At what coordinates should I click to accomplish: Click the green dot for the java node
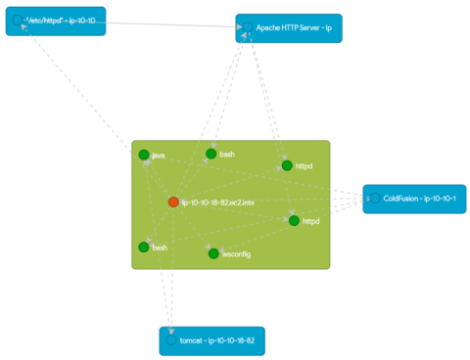point(144,155)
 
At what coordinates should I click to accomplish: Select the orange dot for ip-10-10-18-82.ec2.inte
point(173,202)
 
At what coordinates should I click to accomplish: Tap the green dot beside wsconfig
point(212,253)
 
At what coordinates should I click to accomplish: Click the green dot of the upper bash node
point(211,154)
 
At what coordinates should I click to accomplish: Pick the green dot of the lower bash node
point(144,247)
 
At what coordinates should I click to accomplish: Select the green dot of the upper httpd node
point(287,165)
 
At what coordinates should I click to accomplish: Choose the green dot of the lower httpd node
point(294,220)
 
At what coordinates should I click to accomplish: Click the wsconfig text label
point(237,254)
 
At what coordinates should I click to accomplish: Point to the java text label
point(158,156)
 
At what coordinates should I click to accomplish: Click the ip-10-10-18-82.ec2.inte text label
point(217,202)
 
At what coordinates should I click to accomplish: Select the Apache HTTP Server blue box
point(289,28)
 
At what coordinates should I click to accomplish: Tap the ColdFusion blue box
point(414,199)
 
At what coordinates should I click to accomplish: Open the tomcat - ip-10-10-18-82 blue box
point(212,340)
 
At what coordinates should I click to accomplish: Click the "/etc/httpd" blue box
point(56,21)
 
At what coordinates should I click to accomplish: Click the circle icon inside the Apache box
point(249,28)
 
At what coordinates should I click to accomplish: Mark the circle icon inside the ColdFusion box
point(373,199)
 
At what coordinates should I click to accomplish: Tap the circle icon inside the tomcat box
point(171,340)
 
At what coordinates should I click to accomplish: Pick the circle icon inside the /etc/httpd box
point(17,20)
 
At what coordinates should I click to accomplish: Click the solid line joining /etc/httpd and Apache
point(170,23)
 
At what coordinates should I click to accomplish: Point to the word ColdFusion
point(403,199)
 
